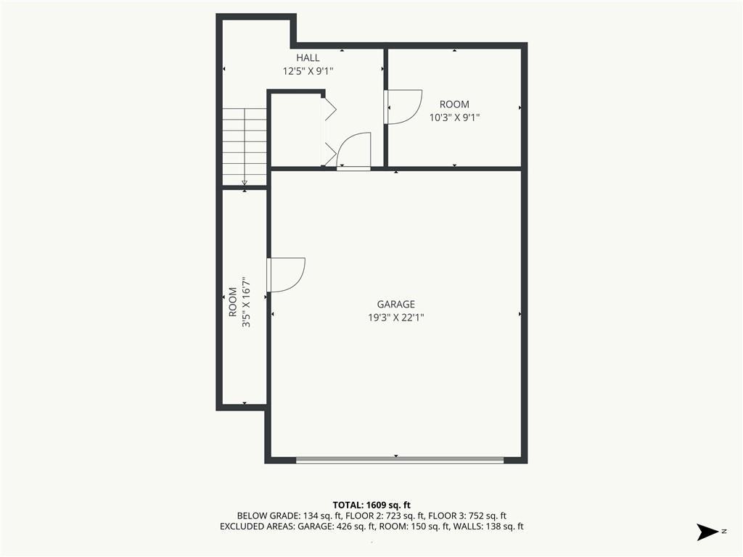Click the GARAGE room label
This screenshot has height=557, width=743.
point(395,305)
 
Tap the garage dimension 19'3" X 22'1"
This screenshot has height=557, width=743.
point(395,317)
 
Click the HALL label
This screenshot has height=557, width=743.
point(308,58)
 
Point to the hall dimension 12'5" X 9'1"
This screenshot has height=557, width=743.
point(308,71)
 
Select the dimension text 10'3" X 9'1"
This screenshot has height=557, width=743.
point(454,117)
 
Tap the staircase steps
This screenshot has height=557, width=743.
point(245,145)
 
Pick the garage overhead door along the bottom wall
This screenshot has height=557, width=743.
point(399,460)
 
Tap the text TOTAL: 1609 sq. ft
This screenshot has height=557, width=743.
point(371,504)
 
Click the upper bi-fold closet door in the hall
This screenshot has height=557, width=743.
point(329,109)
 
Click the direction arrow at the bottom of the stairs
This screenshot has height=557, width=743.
point(245,182)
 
